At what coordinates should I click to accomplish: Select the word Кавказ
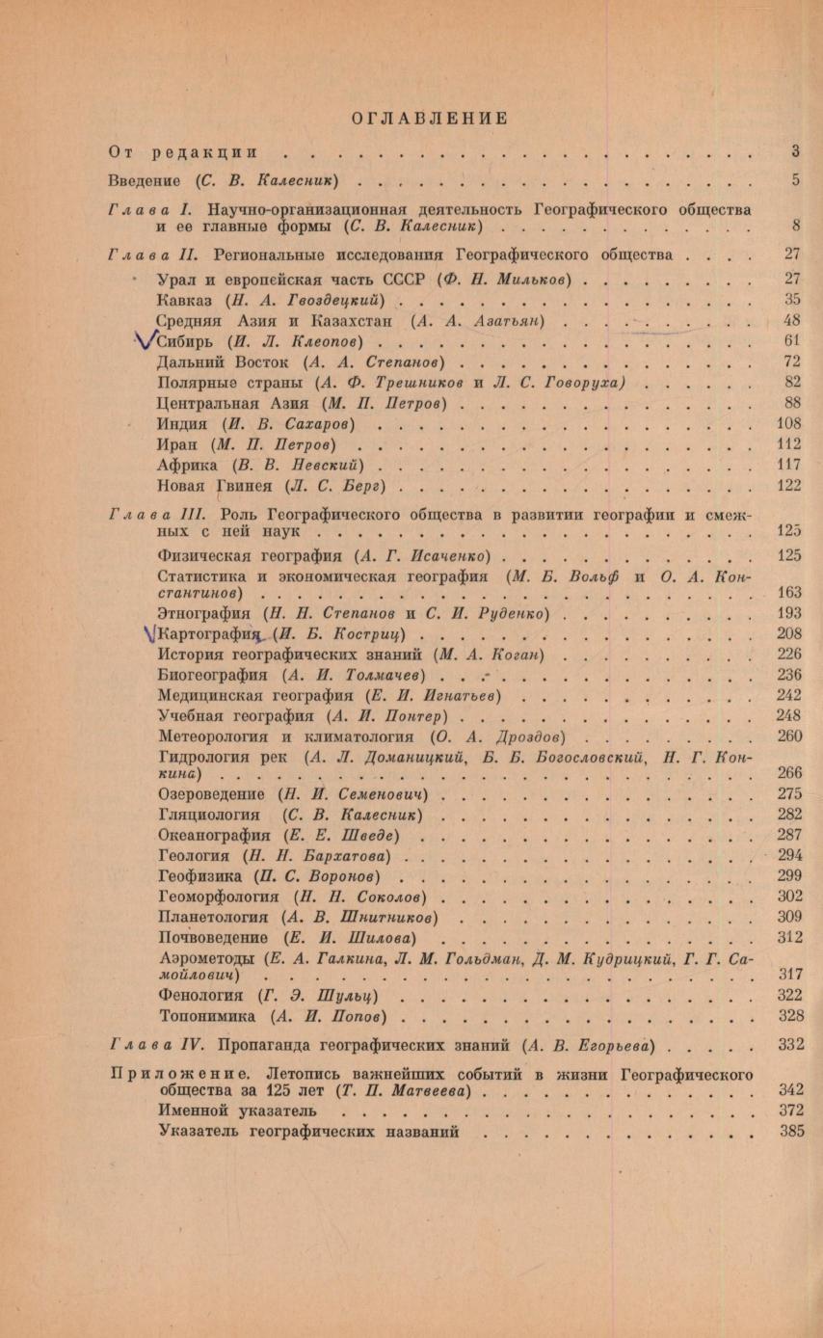pos(183,300)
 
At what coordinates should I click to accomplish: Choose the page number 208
pos(788,634)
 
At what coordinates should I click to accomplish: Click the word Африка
pos(183,464)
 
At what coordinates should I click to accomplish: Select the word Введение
pos(144,180)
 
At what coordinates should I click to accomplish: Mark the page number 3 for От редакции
pos(796,150)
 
